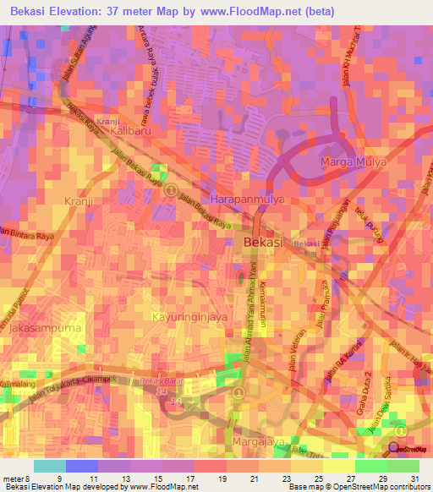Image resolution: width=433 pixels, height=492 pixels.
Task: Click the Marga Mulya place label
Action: pos(353,161)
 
